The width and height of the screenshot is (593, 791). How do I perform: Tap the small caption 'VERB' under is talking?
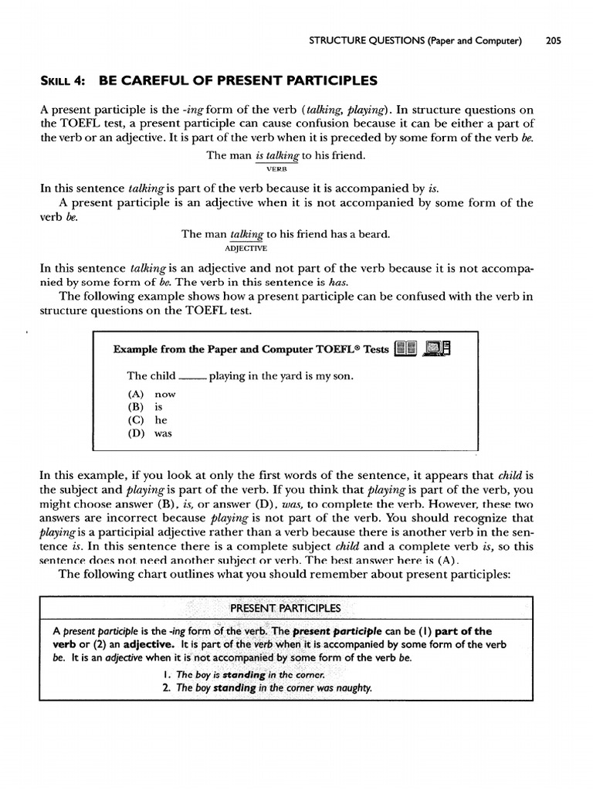276,168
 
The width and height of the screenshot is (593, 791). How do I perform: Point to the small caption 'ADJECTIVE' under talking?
246,248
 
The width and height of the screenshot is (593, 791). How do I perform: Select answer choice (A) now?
153,394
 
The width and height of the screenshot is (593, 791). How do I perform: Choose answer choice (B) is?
147,407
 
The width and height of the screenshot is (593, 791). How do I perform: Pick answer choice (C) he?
149,420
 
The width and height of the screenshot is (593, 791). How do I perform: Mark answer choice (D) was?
151,433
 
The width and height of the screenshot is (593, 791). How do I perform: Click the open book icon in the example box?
405,349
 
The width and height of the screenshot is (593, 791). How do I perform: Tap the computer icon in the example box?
438,349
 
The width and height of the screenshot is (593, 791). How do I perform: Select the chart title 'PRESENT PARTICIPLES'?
285,607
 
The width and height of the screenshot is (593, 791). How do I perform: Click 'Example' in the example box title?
136,348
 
